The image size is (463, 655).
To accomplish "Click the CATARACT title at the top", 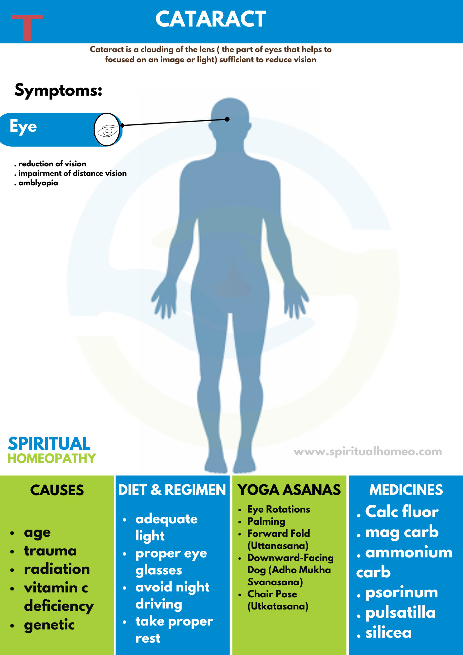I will click(x=210, y=19).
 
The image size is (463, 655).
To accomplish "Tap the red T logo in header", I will click(x=27, y=27).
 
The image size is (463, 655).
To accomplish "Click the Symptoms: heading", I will click(x=58, y=90).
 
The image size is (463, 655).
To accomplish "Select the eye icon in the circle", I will click(x=107, y=130).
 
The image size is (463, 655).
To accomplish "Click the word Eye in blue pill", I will click(x=23, y=127).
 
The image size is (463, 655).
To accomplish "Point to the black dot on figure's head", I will click(x=227, y=119).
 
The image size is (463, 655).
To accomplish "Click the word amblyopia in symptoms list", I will click(x=38, y=183).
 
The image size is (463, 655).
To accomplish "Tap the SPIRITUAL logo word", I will click(x=49, y=444).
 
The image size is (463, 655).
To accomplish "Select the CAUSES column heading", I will click(x=57, y=490).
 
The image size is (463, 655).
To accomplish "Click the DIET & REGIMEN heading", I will click(x=172, y=490).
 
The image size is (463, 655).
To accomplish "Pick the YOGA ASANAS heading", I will click(x=289, y=490).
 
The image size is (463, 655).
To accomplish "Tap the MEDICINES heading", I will click(x=406, y=490).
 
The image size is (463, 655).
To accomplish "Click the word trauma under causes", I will click(x=50, y=551).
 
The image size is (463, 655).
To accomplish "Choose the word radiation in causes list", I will click(x=57, y=569).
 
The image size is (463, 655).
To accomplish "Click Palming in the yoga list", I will click(x=266, y=521).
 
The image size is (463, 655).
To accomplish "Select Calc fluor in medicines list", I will click(x=401, y=512).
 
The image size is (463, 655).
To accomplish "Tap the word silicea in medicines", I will click(x=388, y=633).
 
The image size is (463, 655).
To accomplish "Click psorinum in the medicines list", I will click(x=401, y=592).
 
